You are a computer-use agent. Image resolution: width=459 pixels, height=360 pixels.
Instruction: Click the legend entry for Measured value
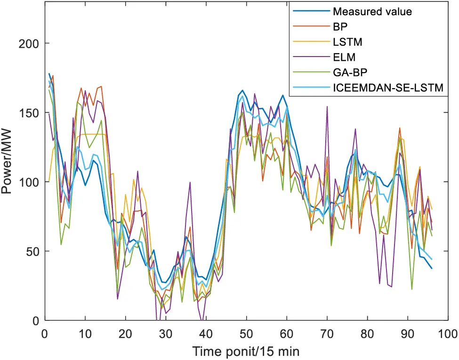tap(372, 12)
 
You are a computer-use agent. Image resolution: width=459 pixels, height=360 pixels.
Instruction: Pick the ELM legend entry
tap(342, 57)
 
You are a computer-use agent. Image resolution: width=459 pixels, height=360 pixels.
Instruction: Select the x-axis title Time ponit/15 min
tap(245, 351)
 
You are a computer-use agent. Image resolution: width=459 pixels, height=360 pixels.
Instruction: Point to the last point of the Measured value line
tap(431, 268)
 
